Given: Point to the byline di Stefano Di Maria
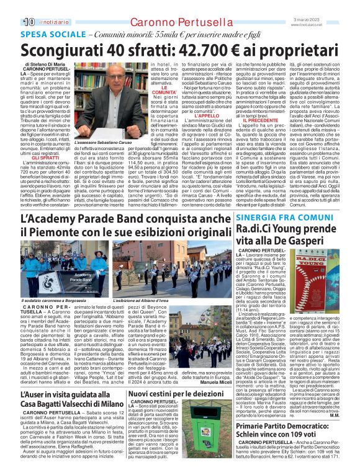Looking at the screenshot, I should coord(48,64).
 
